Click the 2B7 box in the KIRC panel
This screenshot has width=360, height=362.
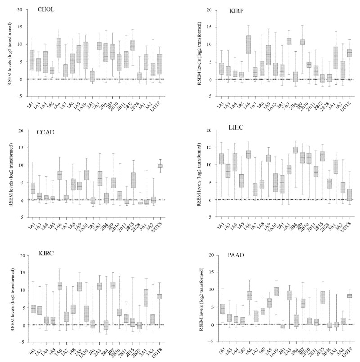(113, 285)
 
